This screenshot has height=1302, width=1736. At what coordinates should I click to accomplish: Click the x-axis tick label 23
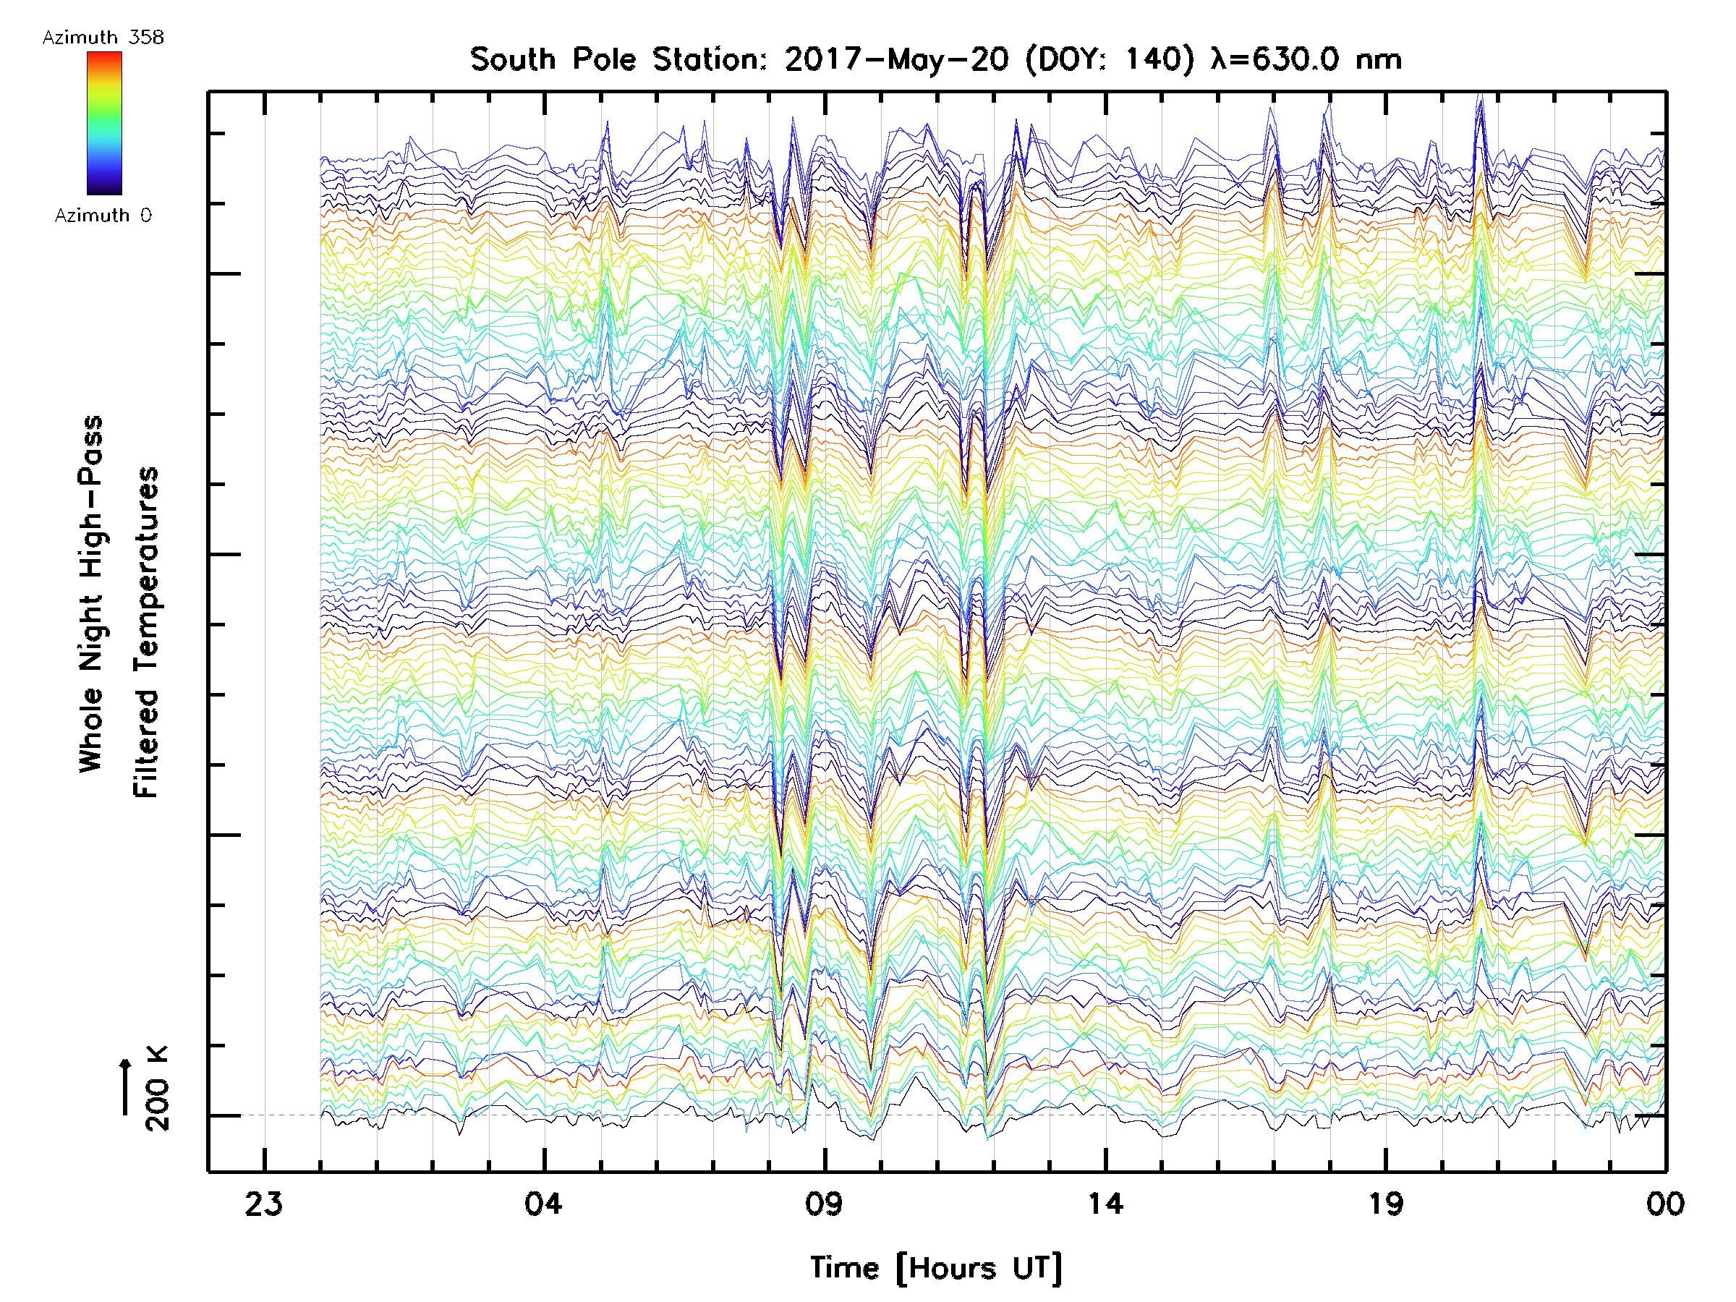click(264, 1204)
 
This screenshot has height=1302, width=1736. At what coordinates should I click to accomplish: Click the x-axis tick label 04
click(544, 1204)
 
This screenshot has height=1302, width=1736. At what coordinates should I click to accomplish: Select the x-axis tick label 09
click(825, 1204)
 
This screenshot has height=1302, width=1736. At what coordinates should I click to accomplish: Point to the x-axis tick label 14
click(1105, 1204)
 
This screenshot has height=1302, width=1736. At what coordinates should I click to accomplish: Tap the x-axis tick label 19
click(1386, 1204)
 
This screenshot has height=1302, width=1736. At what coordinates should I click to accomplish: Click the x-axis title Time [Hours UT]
click(936, 1268)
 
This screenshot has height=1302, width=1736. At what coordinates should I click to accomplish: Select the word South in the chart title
click(512, 59)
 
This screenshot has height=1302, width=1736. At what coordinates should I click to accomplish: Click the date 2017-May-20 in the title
click(896, 59)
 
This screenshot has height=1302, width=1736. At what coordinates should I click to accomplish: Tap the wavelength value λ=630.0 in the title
click(1275, 59)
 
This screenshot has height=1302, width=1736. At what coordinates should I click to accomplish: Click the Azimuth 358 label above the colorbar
click(103, 38)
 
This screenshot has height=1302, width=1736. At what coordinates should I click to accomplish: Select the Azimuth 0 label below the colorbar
click(103, 216)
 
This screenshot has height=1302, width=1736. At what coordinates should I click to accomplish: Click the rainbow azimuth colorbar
click(104, 123)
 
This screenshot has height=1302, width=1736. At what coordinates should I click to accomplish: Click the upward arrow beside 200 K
click(126, 1086)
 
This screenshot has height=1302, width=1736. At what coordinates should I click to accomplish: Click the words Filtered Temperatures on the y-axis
click(146, 633)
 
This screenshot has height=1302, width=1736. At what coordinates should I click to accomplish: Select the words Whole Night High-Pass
click(91, 594)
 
